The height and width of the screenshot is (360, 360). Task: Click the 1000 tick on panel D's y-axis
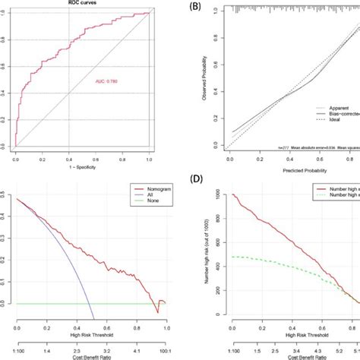tap(222, 196)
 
